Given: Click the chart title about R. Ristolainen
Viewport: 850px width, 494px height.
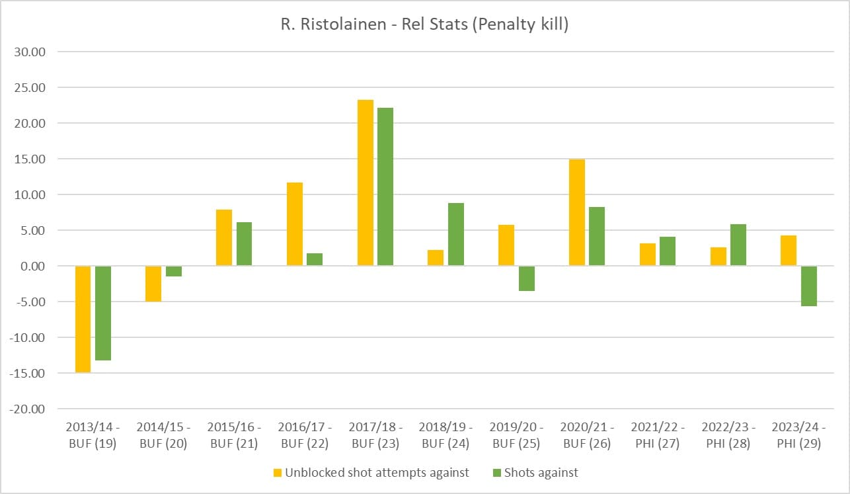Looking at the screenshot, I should pyautogui.click(x=424, y=26).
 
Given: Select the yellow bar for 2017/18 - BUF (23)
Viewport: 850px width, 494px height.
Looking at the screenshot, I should pyautogui.click(x=366, y=183).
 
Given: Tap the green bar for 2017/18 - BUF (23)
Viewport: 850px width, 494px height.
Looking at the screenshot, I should pyautogui.click(x=385, y=186).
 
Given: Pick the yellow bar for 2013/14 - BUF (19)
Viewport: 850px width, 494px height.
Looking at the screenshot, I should pyautogui.click(x=83, y=319).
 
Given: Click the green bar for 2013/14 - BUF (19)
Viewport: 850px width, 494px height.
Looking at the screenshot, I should pyautogui.click(x=103, y=313).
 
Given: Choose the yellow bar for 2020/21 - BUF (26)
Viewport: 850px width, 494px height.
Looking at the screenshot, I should pyautogui.click(x=577, y=212).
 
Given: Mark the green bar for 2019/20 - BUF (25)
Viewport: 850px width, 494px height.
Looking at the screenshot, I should pyautogui.click(x=527, y=278).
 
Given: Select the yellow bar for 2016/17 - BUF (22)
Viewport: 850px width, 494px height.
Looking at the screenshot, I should pyautogui.click(x=295, y=224).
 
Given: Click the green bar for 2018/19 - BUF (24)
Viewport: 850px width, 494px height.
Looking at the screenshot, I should pyautogui.click(x=456, y=234).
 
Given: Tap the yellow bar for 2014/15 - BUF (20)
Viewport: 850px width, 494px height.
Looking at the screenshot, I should pyautogui.click(x=153, y=284).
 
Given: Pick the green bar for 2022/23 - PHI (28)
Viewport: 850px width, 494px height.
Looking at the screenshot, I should pyautogui.click(x=738, y=245).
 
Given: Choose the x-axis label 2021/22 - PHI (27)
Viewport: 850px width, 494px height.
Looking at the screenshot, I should pyautogui.click(x=657, y=435).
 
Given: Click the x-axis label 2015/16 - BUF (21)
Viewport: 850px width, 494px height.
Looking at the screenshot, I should pyautogui.click(x=234, y=435).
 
